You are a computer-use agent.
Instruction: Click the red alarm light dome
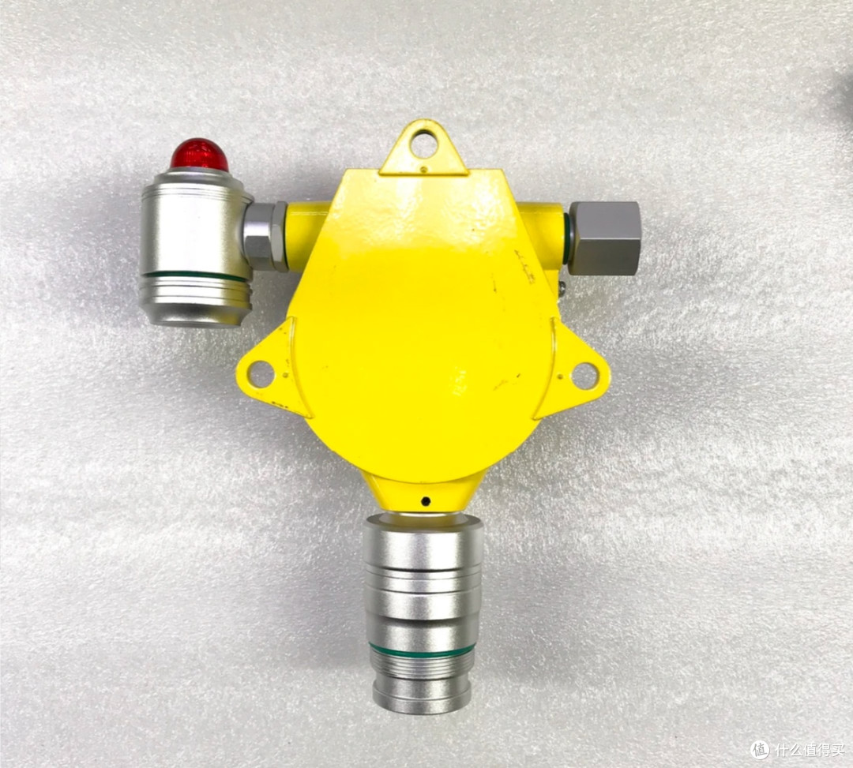[x=199, y=155]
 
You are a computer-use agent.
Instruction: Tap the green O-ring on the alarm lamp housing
[x=195, y=277]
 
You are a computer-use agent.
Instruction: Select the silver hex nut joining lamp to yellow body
[x=265, y=237]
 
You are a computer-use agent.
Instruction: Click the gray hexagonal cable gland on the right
[x=604, y=238]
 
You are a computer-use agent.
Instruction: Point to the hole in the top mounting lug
[x=424, y=143]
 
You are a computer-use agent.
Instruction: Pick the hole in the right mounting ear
[x=584, y=376]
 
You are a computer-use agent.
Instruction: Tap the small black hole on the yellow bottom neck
[x=426, y=501]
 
